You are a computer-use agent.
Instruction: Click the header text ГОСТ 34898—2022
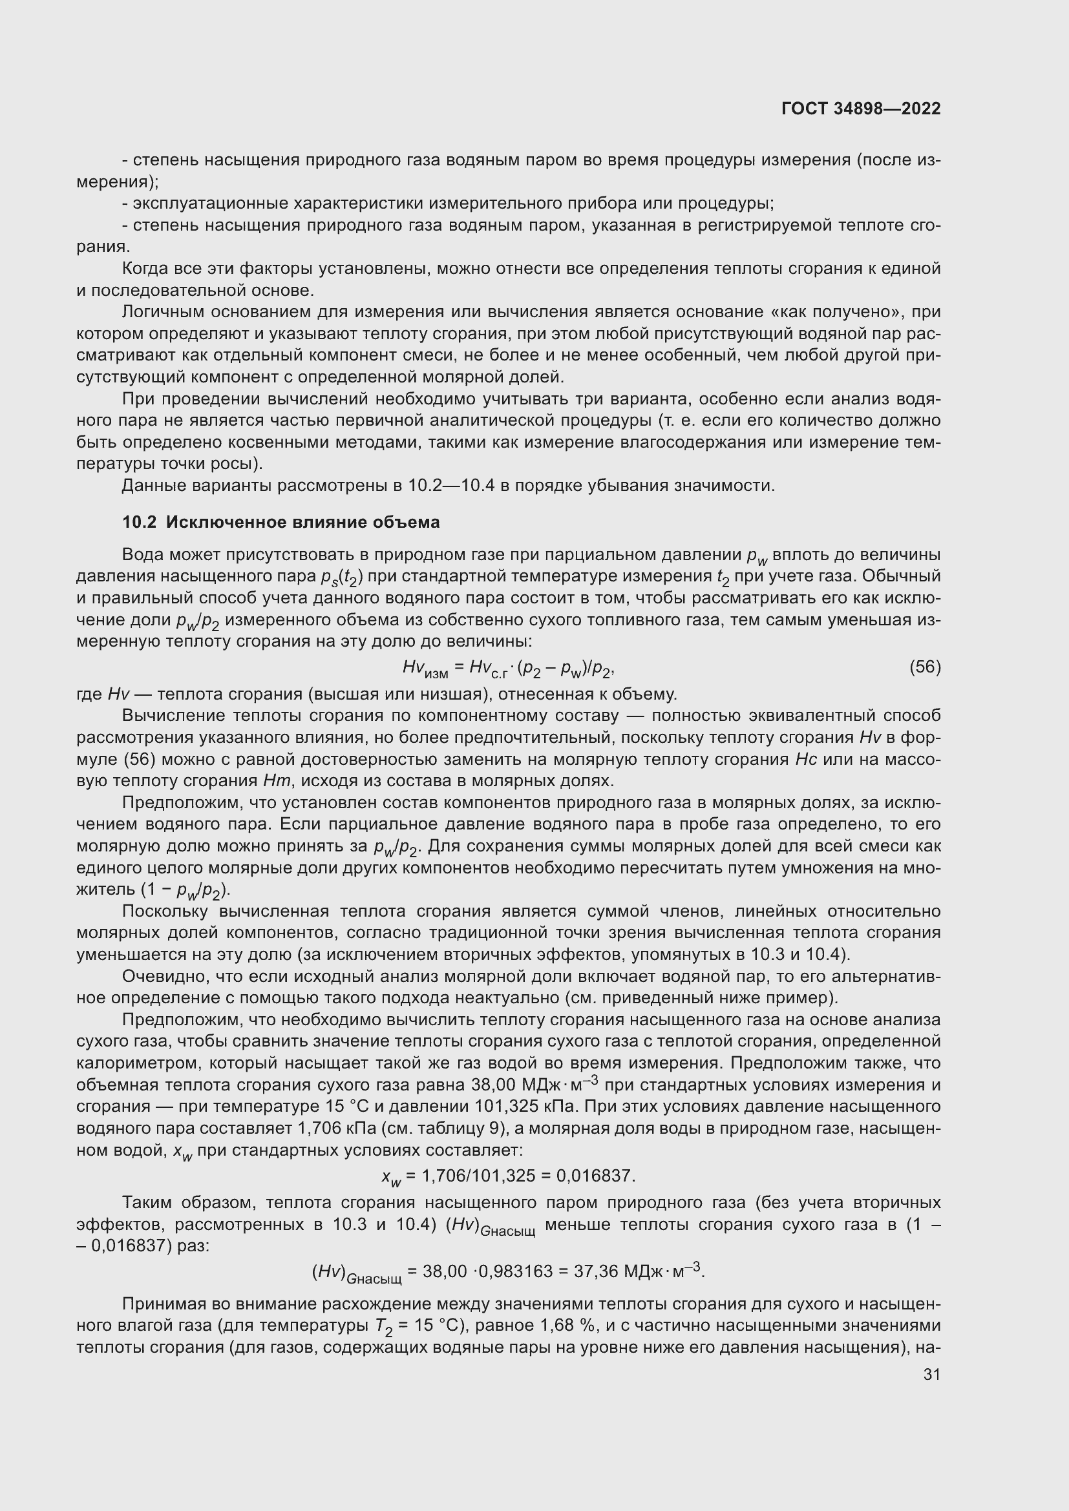[861, 109]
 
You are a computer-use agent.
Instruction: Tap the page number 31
[931, 1374]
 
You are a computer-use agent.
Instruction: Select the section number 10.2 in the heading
[139, 523]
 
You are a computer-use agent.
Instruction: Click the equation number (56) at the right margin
[925, 667]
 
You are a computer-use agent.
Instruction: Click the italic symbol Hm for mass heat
[273, 781]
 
